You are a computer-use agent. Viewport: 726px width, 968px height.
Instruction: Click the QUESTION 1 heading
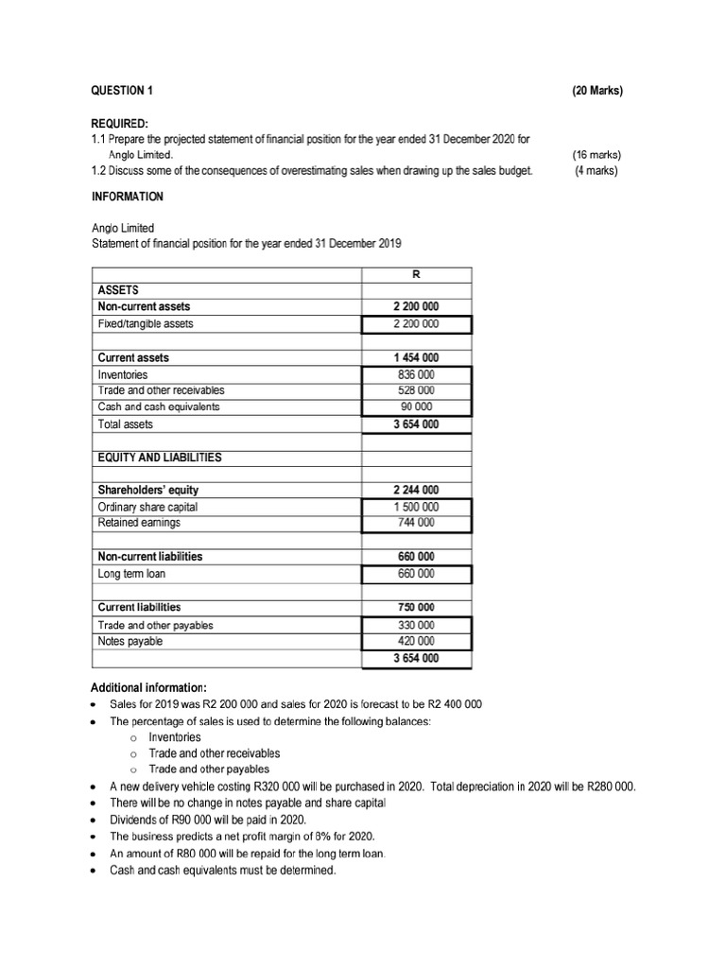tap(121, 91)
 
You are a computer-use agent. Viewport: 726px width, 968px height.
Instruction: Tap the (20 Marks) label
tap(597, 91)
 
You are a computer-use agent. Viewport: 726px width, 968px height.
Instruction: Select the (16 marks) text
tap(596, 154)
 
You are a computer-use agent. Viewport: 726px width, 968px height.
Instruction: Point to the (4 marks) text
tap(596, 171)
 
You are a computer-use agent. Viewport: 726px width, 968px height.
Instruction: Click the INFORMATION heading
tap(127, 197)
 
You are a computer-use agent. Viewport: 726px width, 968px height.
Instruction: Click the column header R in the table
tap(416, 274)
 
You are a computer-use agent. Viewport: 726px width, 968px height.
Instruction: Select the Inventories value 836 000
tap(416, 374)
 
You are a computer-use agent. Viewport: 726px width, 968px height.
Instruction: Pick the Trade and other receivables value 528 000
tap(416, 390)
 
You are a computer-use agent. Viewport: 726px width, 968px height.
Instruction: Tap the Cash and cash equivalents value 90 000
tap(416, 407)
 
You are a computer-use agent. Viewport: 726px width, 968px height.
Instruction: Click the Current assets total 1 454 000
tap(416, 358)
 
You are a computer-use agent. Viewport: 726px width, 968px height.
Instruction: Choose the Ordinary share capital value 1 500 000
tap(416, 507)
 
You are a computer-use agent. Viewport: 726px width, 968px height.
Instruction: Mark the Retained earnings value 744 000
tap(416, 523)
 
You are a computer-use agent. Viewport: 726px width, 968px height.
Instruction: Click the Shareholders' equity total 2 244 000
tap(416, 490)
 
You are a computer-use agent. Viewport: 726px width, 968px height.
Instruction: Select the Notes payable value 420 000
tap(416, 642)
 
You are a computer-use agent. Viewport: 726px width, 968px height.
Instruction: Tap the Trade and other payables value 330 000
tap(416, 625)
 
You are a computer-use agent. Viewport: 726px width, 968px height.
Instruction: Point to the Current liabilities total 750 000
tap(416, 607)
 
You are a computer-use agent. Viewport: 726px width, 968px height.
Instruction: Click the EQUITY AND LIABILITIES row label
tap(160, 458)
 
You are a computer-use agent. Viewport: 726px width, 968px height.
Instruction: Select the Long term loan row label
tap(131, 574)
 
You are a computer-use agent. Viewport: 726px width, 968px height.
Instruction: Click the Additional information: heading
tap(147, 686)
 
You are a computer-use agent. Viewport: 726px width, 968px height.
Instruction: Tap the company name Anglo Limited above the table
tap(122, 228)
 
